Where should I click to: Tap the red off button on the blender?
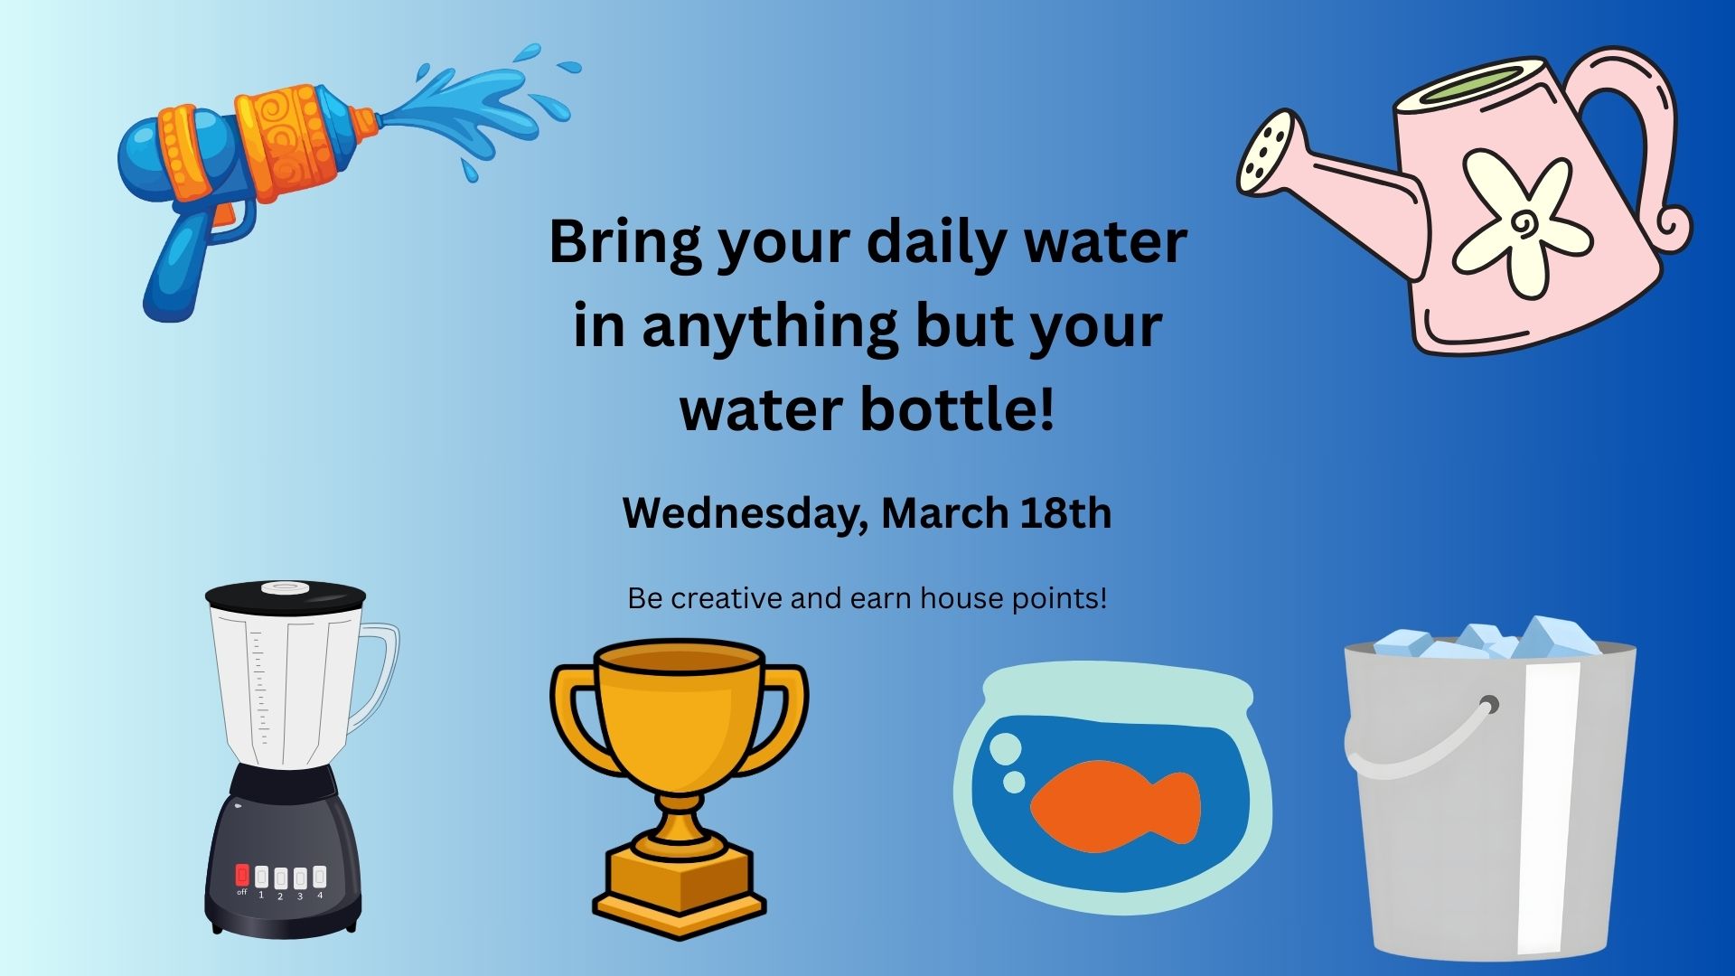coord(242,876)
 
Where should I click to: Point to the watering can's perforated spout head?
coord(1270,152)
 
